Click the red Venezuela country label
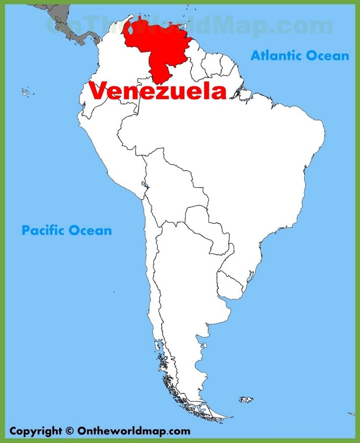[x=158, y=92]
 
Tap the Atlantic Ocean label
[x=300, y=55]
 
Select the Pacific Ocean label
[x=67, y=230]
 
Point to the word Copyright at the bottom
[x=36, y=431]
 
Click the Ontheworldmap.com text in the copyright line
[x=133, y=431]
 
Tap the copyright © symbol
[x=69, y=431]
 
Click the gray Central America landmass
[x=69, y=22]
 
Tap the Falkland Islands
[x=246, y=400]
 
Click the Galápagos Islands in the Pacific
[x=27, y=92]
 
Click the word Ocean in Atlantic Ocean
[x=328, y=55]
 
